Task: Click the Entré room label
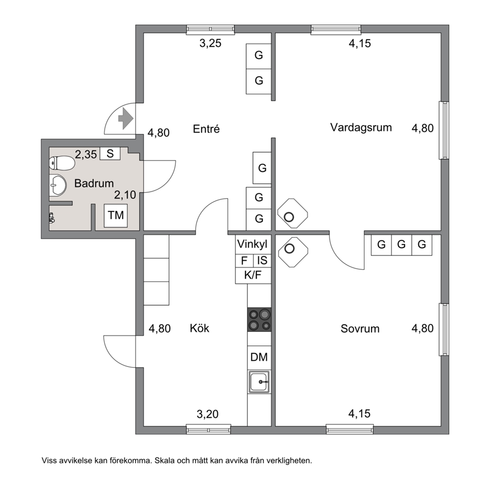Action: pyautogui.click(x=206, y=129)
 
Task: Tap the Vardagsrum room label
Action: pyautogui.click(x=361, y=127)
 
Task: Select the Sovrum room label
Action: pyautogui.click(x=360, y=328)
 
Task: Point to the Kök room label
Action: pyautogui.click(x=200, y=328)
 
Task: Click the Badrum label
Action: pyautogui.click(x=94, y=183)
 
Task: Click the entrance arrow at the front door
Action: pyautogui.click(x=125, y=119)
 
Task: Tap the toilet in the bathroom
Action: pyautogui.click(x=62, y=163)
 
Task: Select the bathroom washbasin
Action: pyautogui.click(x=58, y=185)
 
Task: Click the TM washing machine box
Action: pyautogui.click(x=116, y=215)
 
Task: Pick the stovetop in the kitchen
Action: pyautogui.click(x=259, y=320)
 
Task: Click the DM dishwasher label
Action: pyautogui.click(x=259, y=357)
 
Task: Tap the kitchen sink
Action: pyautogui.click(x=259, y=382)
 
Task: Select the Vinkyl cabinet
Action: pyautogui.click(x=253, y=245)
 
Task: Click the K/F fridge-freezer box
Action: pyautogui.click(x=253, y=275)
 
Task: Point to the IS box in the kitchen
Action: pyautogui.click(x=262, y=261)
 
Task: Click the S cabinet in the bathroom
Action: pyautogui.click(x=110, y=154)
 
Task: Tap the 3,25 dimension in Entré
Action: pyautogui.click(x=210, y=43)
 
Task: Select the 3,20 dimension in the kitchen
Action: pyautogui.click(x=207, y=414)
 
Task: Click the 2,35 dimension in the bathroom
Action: pyautogui.click(x=86, y=155)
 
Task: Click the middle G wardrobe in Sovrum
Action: pyautogui.click(x=401, y=245)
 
